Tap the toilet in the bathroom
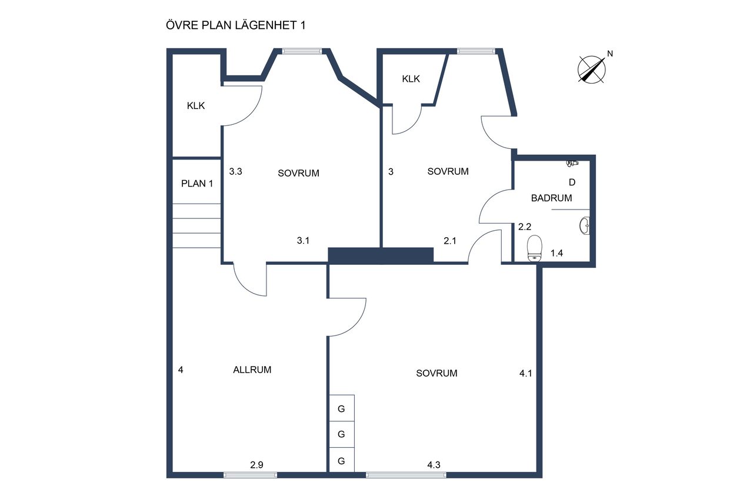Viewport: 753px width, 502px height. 535,248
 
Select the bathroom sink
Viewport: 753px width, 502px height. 585,225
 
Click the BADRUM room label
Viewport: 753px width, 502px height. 551,198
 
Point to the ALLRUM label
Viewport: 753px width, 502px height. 252,370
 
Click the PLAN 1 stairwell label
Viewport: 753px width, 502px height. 197,184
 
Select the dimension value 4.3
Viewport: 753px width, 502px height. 434,465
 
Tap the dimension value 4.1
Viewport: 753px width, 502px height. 526,373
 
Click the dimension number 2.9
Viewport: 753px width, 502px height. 256,465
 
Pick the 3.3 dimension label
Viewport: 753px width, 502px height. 236,171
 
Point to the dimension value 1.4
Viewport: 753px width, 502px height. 557,253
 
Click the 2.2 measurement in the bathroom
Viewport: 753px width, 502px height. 524,227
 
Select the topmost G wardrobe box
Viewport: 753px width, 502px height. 342,408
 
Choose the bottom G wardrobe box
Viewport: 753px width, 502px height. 342,460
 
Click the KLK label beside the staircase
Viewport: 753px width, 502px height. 196,106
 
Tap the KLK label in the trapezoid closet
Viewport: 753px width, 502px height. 411,79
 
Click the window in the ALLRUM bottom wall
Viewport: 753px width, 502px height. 250,475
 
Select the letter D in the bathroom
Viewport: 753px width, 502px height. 572,182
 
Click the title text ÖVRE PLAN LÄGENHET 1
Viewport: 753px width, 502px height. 236,25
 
